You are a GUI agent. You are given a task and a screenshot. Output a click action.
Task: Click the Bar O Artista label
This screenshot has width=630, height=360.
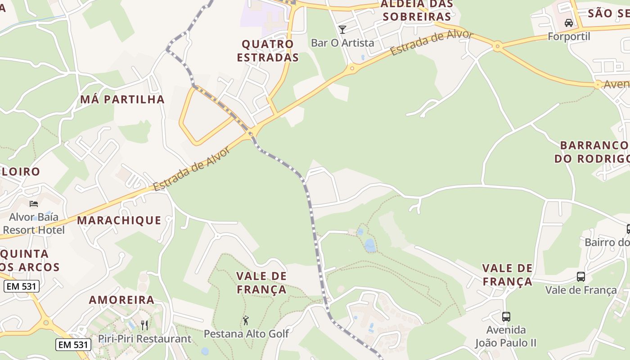(x=342, y=43)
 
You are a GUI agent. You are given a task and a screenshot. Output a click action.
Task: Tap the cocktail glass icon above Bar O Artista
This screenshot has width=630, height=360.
(x=342, y=30)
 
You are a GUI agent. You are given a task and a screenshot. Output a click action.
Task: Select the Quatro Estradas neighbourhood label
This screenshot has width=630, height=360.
(x=268, y=51)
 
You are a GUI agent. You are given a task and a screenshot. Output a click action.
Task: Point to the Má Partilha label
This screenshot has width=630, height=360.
(x=122, y=99)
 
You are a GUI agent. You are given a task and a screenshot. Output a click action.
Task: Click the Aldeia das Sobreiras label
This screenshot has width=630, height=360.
(x=415, y=10)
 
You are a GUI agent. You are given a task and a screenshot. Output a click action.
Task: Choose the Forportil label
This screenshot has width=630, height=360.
(x=569, y=36)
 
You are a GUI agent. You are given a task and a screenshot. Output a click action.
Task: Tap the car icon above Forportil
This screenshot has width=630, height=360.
(x=569, y=23)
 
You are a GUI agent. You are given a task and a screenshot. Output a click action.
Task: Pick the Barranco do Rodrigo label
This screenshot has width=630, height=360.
(x=593, y=152)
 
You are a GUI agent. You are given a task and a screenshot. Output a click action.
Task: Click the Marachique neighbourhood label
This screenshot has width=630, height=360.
(x=119, y=220)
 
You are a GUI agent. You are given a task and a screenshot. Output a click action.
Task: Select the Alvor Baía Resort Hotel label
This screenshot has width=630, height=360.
(x=34, y=224)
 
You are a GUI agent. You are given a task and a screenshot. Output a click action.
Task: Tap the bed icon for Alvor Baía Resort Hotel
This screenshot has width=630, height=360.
(x=34, y=204)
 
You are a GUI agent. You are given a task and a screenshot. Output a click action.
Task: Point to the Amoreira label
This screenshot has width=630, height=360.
(x=121, y=300)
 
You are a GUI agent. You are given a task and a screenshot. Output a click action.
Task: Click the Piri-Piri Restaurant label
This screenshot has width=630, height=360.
(x=144, y=339)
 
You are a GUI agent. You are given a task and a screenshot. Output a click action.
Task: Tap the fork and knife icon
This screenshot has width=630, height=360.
(x=144, y=325)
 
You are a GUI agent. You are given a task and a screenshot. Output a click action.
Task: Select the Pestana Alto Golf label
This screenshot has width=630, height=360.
(x=246, y=333)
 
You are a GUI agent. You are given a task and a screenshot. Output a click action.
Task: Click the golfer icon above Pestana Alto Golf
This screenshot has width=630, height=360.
(x=246, y=320)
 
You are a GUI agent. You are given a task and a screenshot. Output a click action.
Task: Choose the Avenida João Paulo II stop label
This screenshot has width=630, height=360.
(x=506, y=336)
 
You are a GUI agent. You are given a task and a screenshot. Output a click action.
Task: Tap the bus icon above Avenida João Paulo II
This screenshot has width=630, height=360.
(x=506, y=317)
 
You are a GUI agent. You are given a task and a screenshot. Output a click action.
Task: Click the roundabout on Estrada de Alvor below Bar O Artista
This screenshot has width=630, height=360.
(x=352, y=69)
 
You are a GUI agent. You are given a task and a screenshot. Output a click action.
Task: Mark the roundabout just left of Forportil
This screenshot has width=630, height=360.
(x=497, y=46)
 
